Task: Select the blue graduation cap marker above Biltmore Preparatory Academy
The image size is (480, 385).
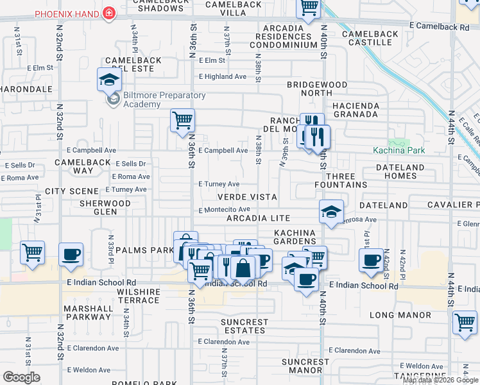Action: (x=110, y=80)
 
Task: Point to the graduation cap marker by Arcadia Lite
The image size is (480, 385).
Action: (x=331, y=212)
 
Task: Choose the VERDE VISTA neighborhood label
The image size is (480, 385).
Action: (x=247, y=198)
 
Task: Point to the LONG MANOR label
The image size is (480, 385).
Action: (x=400, y=315)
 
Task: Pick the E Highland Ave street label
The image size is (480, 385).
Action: (x=222, y=76)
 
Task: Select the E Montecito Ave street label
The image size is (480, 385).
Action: (x=224, y=210)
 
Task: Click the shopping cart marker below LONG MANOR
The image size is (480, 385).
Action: (x=465, y=323)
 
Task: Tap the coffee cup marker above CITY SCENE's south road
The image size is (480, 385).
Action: (x=71, y=254)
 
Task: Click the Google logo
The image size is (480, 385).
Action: (x=21, y=377)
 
